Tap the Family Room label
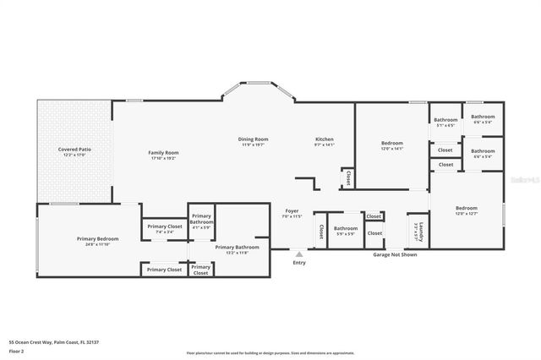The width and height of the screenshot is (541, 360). coord(165,153)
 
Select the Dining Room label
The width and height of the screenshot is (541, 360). coord(252,139)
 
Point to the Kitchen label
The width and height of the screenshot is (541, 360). coord(325,139)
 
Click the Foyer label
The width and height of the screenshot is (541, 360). coord(291,211)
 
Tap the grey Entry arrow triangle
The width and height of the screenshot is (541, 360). coord(298,252)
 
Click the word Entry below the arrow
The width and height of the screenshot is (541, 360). coord(299,263)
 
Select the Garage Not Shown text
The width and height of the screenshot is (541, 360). coord(396,254)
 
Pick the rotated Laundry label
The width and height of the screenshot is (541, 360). coord(420,230)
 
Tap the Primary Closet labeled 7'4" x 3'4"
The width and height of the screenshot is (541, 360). coord(165,226)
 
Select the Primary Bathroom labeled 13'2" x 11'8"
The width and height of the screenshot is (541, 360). coord(230,248)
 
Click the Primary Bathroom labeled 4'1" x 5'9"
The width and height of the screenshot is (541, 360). coord(201,221)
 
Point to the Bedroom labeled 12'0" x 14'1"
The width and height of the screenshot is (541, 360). coord(391,143)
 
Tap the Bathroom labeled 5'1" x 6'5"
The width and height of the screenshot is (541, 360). coord(445,120)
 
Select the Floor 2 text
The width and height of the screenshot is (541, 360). coord(16,350)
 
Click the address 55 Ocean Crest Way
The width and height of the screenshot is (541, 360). coord(34,342)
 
